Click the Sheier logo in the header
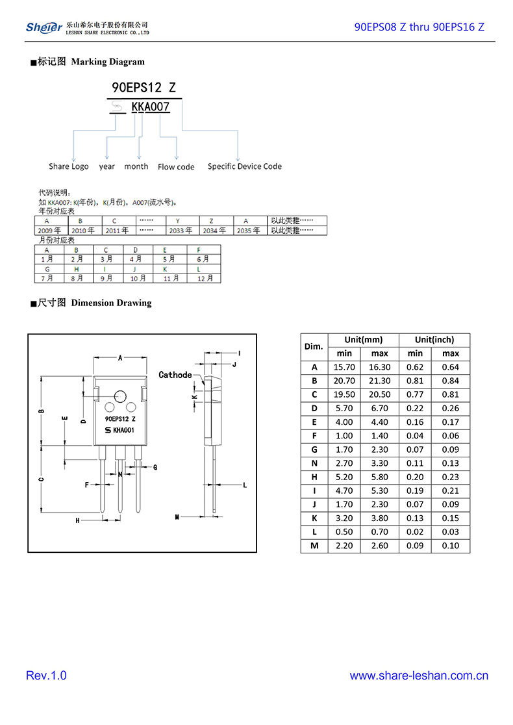pos(44,27)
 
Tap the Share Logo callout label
pos(68,166)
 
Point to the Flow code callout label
pos(176,167)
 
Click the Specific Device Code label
pos(244,166)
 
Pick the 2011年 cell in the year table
pos(117,230)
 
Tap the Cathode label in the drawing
pos(175,375)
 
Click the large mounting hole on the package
pos(120,398)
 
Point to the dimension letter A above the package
pos(120,357)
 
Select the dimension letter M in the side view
pos(177,517)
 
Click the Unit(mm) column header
pos(363,340)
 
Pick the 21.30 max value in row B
pos(379,381)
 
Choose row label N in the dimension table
pos(314,463)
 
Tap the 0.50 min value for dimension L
pos(344,532)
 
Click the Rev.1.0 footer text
pos(46,676)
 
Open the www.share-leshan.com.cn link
pos(419,676)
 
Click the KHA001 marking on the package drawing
pos(123,430)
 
